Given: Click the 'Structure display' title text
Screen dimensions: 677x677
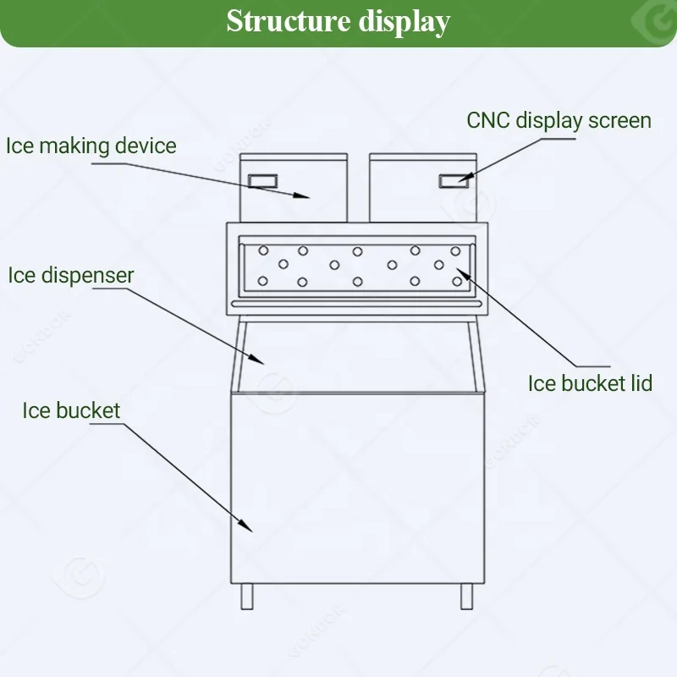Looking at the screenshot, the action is [x=338, y=21].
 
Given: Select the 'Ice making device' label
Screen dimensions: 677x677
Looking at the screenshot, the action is [x=91, y=146].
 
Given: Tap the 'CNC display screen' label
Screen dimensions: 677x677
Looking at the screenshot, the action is [x=559, y=120].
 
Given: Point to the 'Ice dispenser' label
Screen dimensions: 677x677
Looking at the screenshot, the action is [x=71, y=275].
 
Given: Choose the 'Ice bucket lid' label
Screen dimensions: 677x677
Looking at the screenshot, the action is [x=590, y=383].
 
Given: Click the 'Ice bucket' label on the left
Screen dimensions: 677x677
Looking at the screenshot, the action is [x=71, y=411].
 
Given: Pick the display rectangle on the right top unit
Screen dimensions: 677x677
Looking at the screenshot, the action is [x=454, y=179].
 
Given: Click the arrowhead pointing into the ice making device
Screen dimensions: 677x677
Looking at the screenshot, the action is [x=303, y=195].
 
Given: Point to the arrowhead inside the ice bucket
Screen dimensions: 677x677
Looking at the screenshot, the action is [x=247, y=526].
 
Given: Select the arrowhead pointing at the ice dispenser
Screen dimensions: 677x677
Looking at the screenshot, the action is [x=259, y=360].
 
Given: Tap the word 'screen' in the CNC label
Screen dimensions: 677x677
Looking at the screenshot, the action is [x=621, y=120].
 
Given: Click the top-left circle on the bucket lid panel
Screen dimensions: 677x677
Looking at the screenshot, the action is [x=263, y=250].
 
